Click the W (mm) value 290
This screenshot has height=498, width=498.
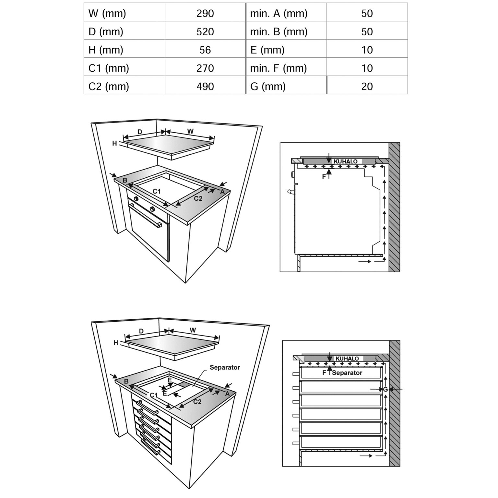click(x=205, y=13)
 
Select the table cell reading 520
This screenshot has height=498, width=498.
click(x=205, y=31)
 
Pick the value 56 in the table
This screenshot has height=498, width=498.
click(x=205, y=50)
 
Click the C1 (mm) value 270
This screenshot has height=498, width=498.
click(x=205, y=68)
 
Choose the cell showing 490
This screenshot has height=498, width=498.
click(x=205, y=86)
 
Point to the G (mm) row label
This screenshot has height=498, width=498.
click(x=268, y=86)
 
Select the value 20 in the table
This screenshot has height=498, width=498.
click(x=367, y=86)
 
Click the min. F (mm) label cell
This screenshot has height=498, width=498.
click(x=278, y=68)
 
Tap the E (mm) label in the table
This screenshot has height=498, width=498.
click(x=267, y=50)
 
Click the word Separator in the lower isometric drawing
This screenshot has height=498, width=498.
click(x=225, y=367)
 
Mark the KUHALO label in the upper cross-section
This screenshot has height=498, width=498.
click(x=345, y=161)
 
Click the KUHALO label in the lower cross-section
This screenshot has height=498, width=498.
click(x=347, y=359)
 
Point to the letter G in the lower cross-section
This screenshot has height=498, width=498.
click(x=385, y=389)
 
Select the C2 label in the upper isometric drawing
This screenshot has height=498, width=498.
click(x=198, y=198)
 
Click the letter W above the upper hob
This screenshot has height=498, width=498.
click(x=190, y=131)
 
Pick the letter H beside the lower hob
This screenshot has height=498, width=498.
click(x=116, y=343)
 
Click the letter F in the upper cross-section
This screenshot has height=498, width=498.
click(x=324, y=177)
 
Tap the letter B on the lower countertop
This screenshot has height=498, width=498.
click(x=126, y=381)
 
